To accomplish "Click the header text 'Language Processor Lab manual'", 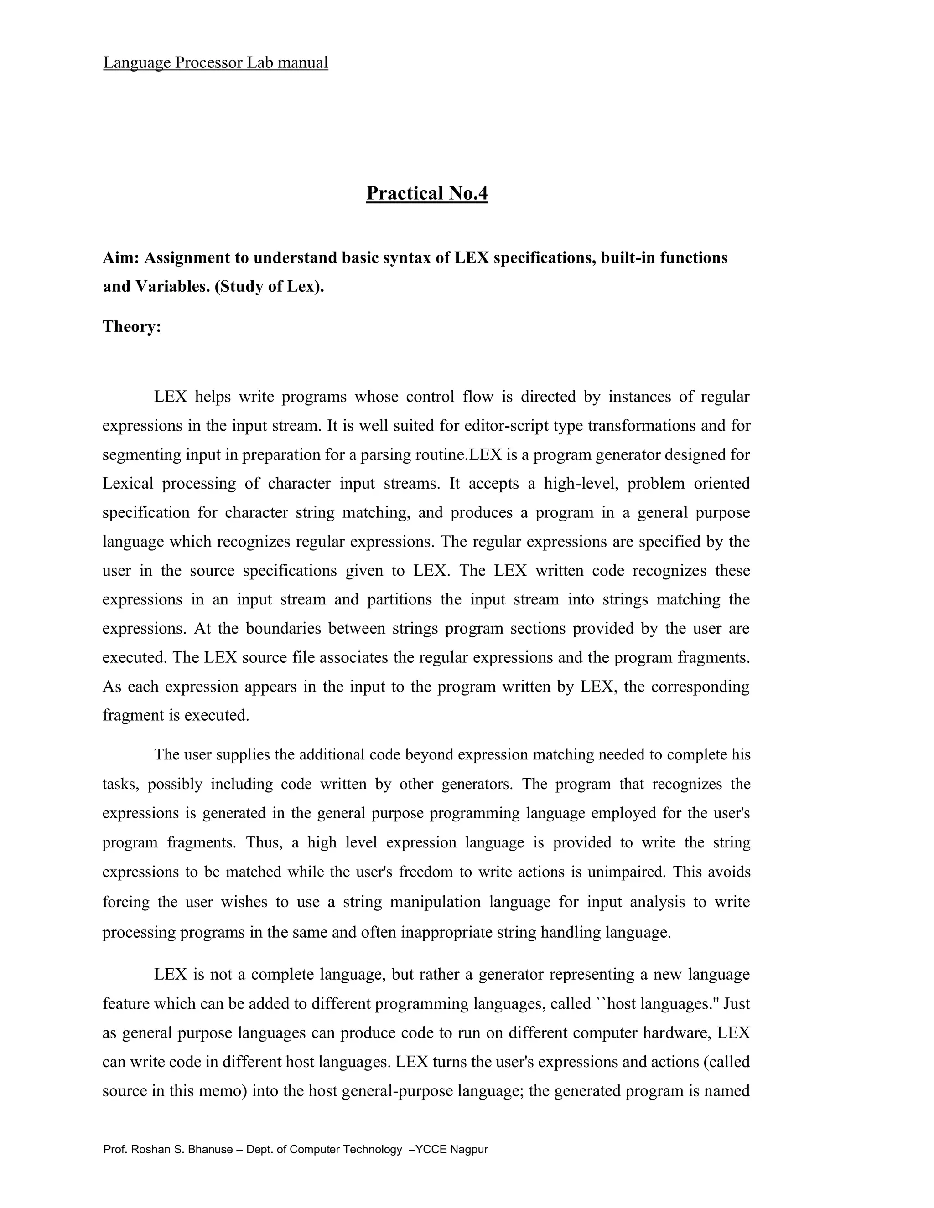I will [x=215, y=62].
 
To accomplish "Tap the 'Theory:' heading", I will [x=132, y=326].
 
